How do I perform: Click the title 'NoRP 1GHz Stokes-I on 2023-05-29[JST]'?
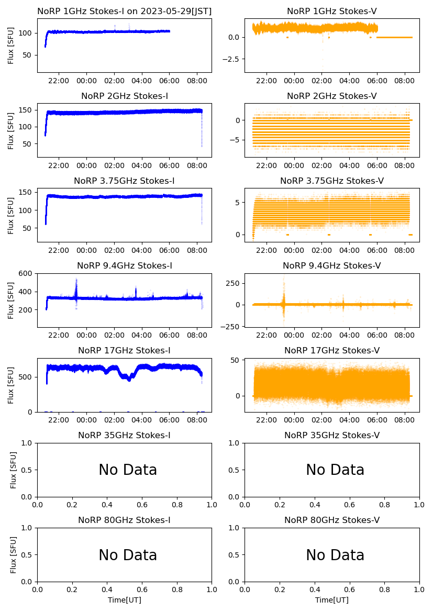[x=125, y=12]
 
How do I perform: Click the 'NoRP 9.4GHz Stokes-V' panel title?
[x=332, y=266]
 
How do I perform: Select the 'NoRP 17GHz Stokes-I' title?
[x=125, y=351]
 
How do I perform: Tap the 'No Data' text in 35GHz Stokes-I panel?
[x=128, y=470]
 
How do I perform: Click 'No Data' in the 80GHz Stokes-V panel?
[x=335, y=555]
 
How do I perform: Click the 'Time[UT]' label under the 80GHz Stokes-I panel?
[x=125, y=600]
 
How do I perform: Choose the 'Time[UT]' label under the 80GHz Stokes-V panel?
[x=332, y=600]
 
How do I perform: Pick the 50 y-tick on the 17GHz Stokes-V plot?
[x=235, y=360]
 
